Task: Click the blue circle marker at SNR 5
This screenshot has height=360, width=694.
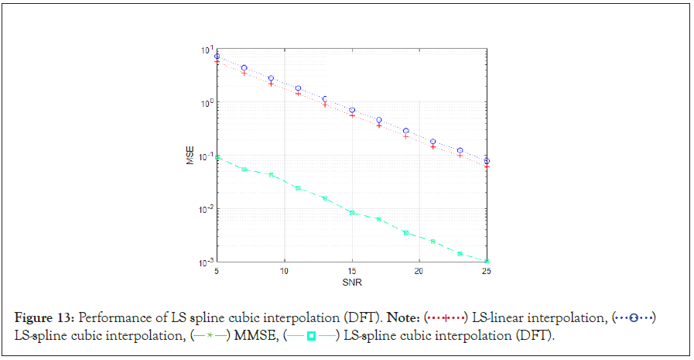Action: coord(217,57)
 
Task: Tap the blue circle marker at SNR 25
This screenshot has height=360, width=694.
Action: coord(486,161)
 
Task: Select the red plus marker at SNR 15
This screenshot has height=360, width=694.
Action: coord(352,115)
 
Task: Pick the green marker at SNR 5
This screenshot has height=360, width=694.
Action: coord(217,157)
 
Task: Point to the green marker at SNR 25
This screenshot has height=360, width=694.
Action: coord(486,261)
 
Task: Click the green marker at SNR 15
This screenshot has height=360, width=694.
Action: coord(352,212)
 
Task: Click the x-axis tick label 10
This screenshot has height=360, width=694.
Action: coord(284,272)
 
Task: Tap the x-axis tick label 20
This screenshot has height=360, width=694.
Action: coord(419,272)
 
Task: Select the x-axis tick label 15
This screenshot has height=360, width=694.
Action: coord(351,272)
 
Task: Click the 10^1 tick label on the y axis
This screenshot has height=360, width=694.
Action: coord(207,50)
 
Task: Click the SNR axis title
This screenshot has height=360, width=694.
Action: coord(351,282)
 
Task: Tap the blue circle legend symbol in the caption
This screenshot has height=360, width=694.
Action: coord(633,318)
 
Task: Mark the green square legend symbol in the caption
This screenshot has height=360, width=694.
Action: coord(311,334)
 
